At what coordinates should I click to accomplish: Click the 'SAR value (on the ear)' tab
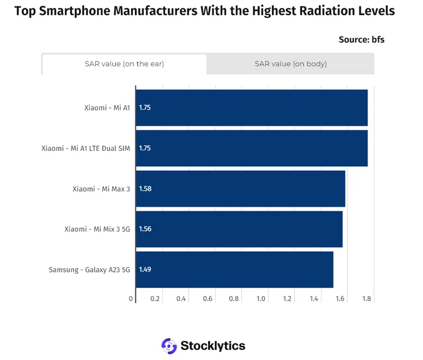124,64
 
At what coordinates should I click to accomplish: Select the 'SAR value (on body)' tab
290,64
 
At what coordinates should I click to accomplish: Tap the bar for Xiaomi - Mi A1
251,108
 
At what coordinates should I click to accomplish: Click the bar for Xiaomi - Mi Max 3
240,189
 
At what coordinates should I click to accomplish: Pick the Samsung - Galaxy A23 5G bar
234,270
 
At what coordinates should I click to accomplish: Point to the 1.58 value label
145,189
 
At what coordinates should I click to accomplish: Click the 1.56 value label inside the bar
145,229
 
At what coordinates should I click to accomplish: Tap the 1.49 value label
145,270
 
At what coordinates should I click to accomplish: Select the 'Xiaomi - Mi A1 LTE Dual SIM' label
86,149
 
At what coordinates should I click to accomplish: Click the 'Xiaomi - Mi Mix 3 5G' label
97,229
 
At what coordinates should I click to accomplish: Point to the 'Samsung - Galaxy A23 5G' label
89,270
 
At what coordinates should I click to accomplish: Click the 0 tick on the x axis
131,299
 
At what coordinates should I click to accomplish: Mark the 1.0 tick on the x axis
261,299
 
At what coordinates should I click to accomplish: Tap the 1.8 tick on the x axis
367,299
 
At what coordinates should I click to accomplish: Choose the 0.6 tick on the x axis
208,299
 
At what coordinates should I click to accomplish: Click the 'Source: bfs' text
361,40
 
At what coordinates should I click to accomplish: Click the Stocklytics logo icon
169,346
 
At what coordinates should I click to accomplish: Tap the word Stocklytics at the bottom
213,346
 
